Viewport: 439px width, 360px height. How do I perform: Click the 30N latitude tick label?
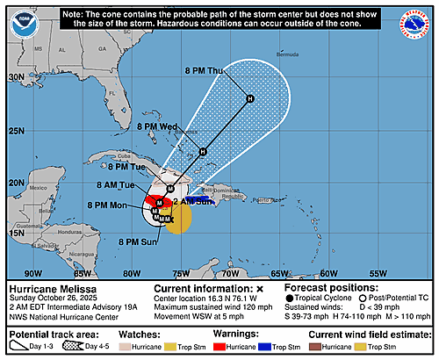(15, 77)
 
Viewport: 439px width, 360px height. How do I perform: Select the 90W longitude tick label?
(33, 272)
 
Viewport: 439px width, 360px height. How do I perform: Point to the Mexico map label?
(36, 188)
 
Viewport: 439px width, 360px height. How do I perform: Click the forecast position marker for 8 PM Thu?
(250, 98)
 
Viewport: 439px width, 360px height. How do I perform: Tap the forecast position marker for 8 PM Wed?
(203, 152)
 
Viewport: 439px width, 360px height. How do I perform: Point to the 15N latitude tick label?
(15, 234)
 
